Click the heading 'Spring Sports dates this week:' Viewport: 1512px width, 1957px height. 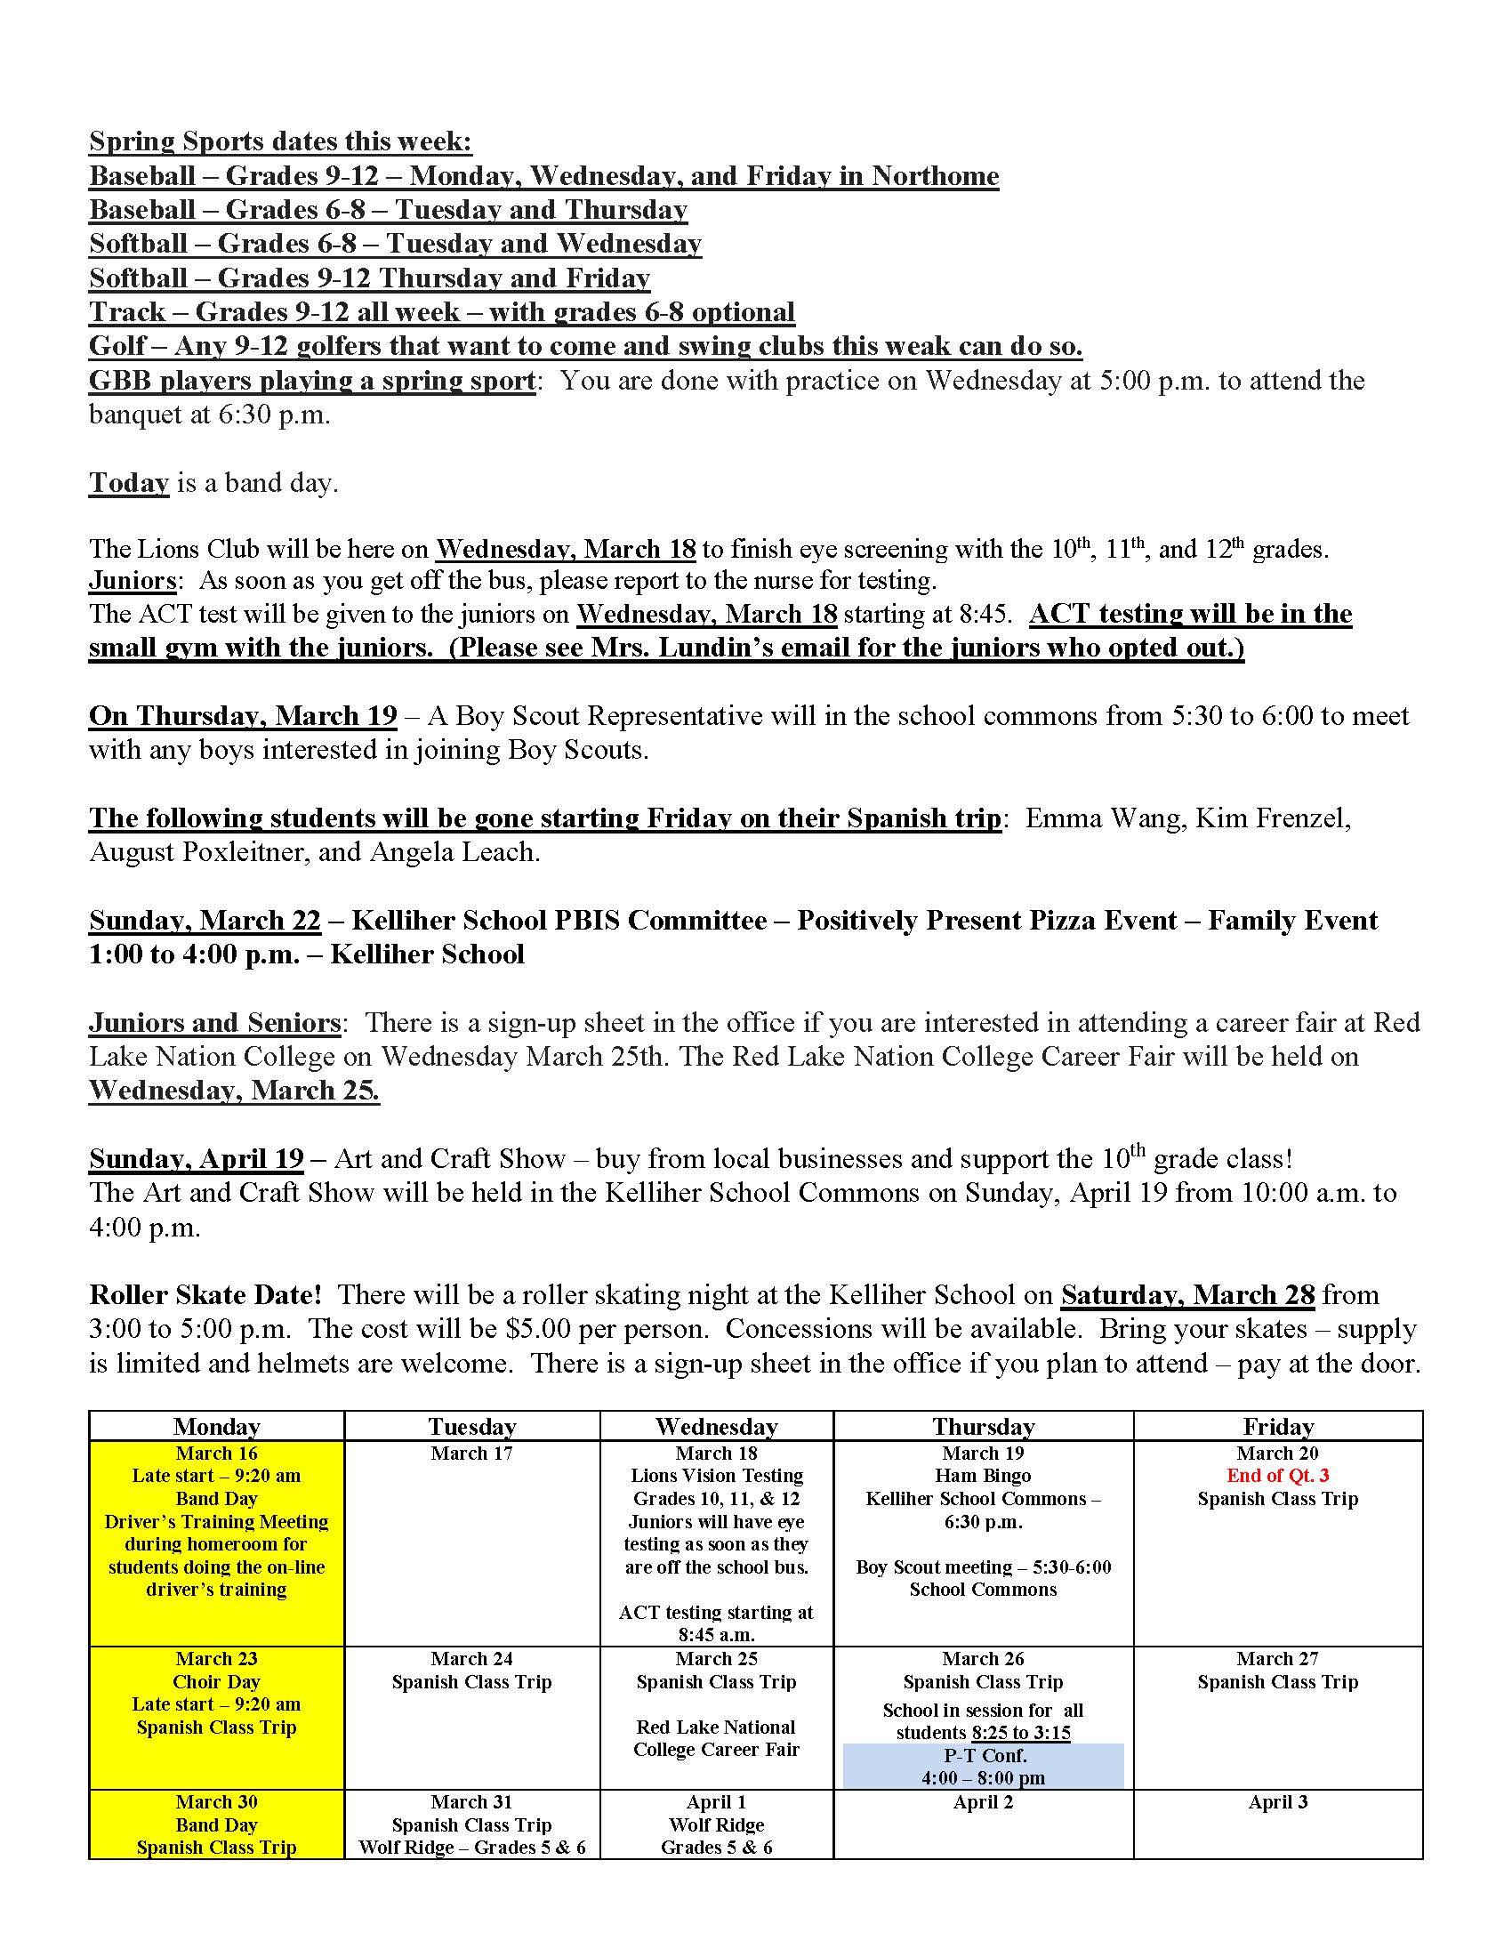pos(280,141)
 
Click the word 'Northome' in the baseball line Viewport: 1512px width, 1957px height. pos(935,175)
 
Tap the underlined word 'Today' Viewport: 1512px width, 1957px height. pos(129,483)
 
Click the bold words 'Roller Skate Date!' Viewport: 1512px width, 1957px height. pos(205,1295)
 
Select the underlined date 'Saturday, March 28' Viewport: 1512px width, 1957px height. pos(1187,1295)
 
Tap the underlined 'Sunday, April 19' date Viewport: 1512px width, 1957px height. pos(197,1158)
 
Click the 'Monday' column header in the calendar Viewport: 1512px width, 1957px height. pos(217,1427)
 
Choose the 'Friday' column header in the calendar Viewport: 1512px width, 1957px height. pos(1277,1427)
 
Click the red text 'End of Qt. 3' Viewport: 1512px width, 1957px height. pos(1277,1476)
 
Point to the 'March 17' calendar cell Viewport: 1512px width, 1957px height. pos(472,1454)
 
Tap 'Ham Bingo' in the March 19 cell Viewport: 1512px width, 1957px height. pos(984,1476)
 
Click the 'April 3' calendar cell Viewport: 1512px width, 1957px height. pos(1277,1802)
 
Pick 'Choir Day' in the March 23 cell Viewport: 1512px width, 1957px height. pos(217,1682)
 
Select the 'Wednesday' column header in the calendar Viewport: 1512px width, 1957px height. pos(717,1427)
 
